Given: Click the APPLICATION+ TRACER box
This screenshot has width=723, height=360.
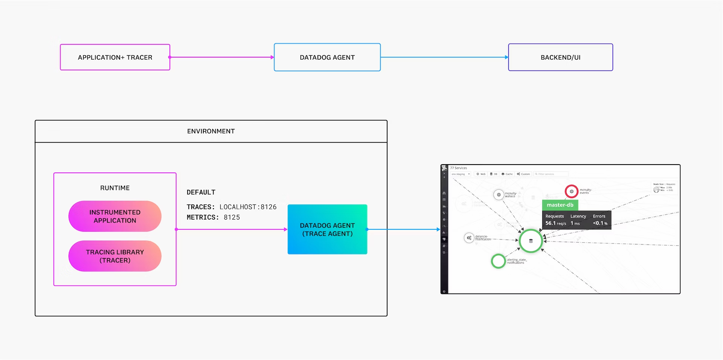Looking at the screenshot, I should point(115,57).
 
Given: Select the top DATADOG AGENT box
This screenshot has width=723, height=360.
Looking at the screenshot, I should point(327,57).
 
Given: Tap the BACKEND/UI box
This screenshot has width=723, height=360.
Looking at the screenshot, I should point(560,57).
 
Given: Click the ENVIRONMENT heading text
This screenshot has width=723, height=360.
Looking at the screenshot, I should point(211,131).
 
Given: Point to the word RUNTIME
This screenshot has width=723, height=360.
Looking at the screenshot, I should point(115,188).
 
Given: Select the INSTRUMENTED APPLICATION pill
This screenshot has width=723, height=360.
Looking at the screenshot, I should point(115,216).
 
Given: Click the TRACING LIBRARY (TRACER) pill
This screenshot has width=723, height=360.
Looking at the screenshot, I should point(115,256).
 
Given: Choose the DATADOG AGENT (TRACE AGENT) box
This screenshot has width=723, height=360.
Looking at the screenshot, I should point(327,229).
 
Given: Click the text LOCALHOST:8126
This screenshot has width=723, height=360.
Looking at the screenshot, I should point(248,207).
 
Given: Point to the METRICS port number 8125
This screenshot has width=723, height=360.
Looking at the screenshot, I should point(232,217).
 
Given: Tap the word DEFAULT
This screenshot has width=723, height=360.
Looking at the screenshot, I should point(201,192).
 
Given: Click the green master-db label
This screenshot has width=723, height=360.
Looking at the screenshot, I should point(560,205).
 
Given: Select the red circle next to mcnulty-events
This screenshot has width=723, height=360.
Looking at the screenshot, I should point(571,191).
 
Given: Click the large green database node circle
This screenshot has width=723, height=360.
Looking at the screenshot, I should point(531,241).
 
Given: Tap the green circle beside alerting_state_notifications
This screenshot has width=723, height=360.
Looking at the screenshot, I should point(498,261).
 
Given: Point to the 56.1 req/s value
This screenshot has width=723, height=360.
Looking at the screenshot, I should point(555,223).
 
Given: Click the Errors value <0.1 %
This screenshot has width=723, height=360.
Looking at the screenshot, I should point(600,223).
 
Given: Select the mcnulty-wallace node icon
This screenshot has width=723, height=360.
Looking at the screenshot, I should point(499,195).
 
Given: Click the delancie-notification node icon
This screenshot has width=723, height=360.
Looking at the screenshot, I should point(469,238).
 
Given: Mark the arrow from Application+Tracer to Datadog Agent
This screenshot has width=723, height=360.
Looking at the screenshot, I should point(222,57).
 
